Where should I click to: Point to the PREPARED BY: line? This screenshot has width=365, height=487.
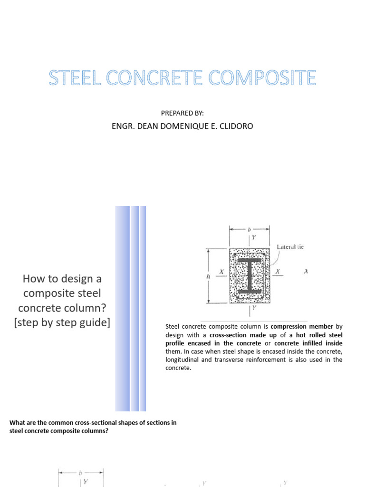(x=182, y=113)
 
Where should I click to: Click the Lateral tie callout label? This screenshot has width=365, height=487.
(x=290, y=246)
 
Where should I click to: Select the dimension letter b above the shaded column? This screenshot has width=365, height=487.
(x=249, y=229)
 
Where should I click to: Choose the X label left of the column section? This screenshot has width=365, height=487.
(x=221, y=272)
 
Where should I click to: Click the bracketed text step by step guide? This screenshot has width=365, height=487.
(x=62, y=322)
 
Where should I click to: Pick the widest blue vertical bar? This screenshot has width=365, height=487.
(x=122, y=308)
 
